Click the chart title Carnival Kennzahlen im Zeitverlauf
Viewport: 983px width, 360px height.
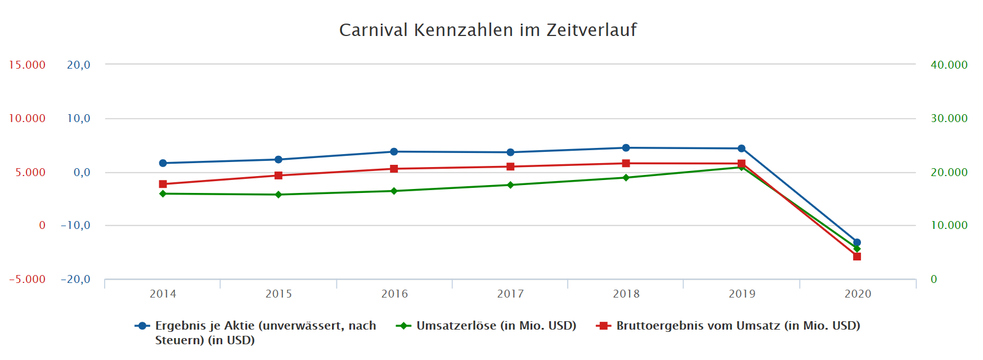488,30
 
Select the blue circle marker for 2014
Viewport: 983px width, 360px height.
163,163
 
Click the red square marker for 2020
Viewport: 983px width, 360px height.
857,256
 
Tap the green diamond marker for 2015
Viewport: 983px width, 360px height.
279,195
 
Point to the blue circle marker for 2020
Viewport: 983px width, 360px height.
857,242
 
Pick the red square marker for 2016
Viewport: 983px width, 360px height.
394,169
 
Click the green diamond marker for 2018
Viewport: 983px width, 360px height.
626,178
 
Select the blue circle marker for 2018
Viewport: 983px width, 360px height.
626,148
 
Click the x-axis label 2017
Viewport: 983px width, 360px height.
510,294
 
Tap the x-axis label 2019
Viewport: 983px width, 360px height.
742,294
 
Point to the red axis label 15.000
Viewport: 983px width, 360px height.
27,65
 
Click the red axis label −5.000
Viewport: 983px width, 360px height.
27,280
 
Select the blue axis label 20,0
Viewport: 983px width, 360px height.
78,65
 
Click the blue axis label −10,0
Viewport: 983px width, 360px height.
75,226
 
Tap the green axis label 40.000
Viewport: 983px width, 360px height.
949,65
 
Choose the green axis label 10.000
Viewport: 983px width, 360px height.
949,226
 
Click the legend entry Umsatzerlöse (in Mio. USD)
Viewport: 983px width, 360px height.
496,326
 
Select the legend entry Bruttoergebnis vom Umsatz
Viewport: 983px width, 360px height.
738,326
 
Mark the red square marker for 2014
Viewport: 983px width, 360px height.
163,184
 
